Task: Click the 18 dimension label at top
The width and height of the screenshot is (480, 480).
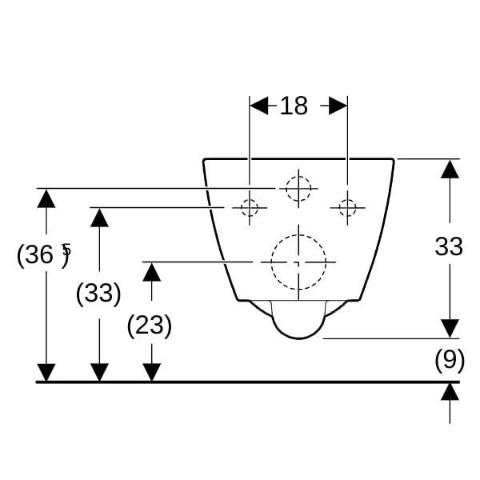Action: click(x=294, y=106)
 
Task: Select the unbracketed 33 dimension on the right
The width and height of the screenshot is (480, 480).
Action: click(x=449, y=246)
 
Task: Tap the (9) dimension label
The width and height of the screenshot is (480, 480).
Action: click(x=450, y=360)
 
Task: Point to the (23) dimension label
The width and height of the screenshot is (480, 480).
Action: click(x=150, y=326)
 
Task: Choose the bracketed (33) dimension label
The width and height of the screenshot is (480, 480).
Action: click(x=98, y=293)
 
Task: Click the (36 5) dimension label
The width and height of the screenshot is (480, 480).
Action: click(x=44, y=255)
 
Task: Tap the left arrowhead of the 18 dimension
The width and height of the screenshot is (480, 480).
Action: click(x=259, y=106)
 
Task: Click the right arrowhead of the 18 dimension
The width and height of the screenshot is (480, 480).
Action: click(x=338, y=106)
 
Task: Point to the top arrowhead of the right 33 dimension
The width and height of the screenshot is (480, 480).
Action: click(x=450, y=169)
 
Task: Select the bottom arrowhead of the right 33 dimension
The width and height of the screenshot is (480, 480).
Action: click(x=450, y=329)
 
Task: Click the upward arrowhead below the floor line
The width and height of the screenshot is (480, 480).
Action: click(x=450, y=391)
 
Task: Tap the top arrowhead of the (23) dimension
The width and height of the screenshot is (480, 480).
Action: click(x=152, y=272)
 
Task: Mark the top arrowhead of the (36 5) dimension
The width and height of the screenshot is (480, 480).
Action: click(x=46, y=198)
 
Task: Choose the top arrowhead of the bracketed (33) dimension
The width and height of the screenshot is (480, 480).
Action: click(x=99, y=218)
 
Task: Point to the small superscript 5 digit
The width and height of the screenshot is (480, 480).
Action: click(x=66, y=249)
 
